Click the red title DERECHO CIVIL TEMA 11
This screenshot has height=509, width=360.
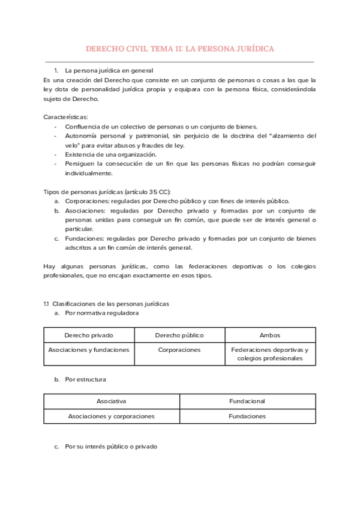click(x=180, y=48)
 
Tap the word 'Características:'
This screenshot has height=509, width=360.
click(x=66, y=116)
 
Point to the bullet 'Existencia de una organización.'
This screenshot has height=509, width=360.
click(x=110, y=154)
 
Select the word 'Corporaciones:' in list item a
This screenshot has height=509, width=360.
click(x=86, y=201)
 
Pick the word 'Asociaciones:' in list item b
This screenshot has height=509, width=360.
click(x=85, y=211)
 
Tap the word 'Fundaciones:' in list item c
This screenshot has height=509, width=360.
click(x=83, y=238)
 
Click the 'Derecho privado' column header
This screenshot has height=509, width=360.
click(x=89, y=335)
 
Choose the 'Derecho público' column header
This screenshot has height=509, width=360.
click(x=179, y=335)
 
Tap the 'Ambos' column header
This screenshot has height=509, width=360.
click(x=270, y=335)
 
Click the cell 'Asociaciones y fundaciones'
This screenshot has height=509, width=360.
click(x=89, y=350)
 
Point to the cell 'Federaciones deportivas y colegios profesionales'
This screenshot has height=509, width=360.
click(x=270, y=354)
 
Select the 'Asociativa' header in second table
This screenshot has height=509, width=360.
click(x=112, y=401)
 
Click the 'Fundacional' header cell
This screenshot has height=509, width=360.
click(x=247, y=401)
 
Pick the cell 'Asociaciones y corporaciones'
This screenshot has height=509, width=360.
click(x=112, y=416)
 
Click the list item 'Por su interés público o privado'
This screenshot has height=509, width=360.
click(x=111, y=447)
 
